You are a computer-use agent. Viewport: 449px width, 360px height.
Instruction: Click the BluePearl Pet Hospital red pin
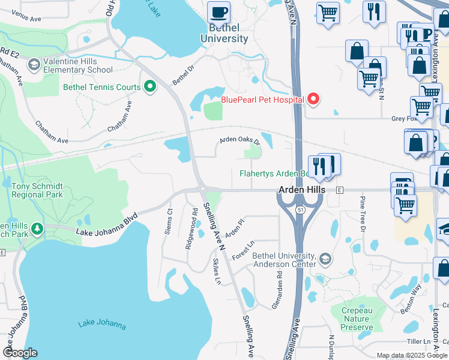313,99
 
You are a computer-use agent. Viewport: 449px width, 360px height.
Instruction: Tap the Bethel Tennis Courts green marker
150,87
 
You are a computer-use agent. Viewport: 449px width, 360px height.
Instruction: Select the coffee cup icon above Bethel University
218,12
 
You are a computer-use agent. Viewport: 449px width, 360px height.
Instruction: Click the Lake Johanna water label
102,325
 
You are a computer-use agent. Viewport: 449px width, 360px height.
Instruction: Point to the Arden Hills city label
301,190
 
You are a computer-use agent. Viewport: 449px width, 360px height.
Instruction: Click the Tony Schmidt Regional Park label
37,191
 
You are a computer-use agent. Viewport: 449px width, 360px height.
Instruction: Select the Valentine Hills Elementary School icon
34,64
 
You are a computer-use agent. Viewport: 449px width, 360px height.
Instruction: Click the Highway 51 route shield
300,208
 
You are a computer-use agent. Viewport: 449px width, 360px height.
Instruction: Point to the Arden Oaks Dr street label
240,141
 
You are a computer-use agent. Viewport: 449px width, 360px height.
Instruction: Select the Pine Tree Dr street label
363,213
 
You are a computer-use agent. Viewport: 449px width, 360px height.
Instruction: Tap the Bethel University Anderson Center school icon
325,259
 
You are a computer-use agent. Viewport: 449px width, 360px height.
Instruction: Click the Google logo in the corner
20,353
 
